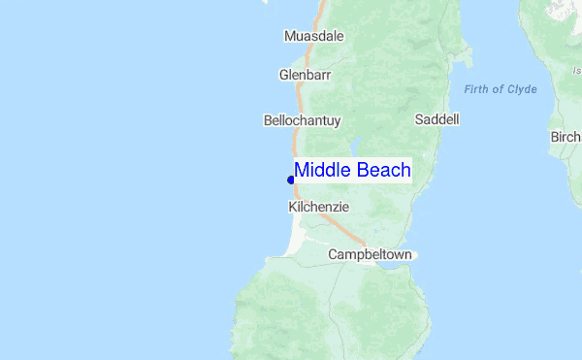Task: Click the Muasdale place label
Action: [313, 36]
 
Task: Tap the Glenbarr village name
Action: [306, 74]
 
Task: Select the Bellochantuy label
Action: [302, 121]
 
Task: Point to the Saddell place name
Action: [436, 119]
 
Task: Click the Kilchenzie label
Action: [318, 207]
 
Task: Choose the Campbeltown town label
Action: [370, 254]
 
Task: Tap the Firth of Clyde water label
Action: [500, 89]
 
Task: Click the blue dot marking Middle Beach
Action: [291, 180]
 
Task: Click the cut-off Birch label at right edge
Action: [566, 137]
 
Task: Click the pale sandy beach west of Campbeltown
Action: [295, 242]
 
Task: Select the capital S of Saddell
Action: [418, 119]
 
